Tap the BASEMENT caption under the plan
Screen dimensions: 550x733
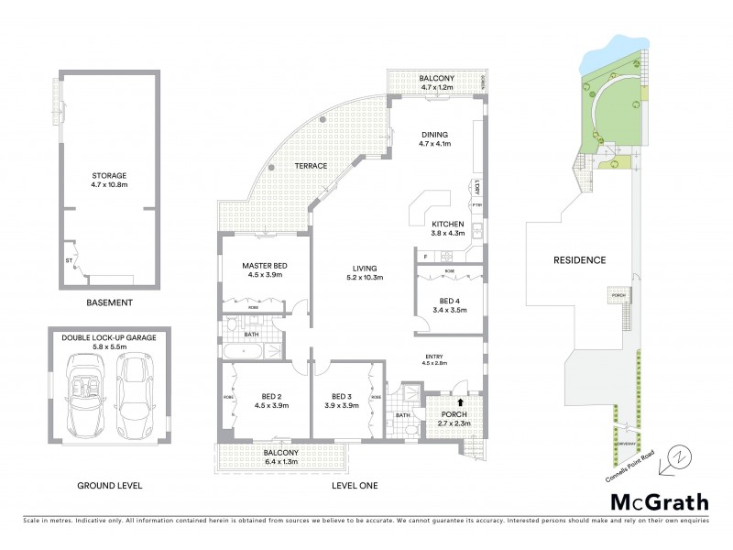tap(109, 302)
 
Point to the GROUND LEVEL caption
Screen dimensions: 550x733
tap(109, 485)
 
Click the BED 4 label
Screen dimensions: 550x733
tap(449, 305)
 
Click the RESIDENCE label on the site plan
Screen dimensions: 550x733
tap(579, 260)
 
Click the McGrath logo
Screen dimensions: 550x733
tap(659, 501)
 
